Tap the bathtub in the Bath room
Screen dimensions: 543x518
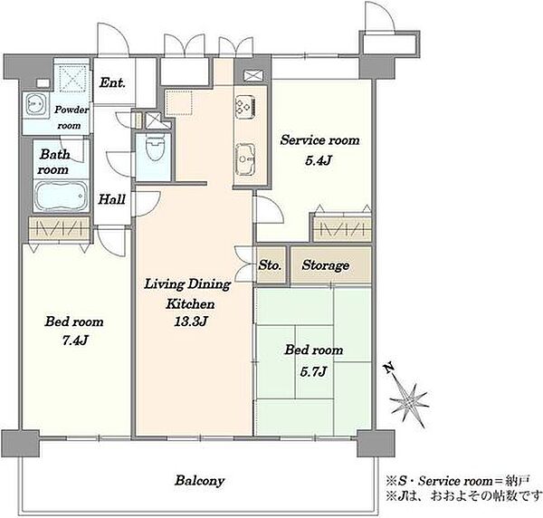pos(61,197)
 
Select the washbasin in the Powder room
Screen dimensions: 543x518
pos(35,104)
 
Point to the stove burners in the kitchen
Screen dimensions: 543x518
pos(245,106)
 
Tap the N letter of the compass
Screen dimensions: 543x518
pos(389,368)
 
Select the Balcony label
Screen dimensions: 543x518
pos(200,481)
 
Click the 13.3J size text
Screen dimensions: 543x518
pos(191,321)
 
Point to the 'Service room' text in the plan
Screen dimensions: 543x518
pos(320,140)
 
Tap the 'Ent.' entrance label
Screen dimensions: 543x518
pos(112,82)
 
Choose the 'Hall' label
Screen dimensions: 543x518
pos(111,199)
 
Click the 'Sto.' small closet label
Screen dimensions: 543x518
pos(270,265)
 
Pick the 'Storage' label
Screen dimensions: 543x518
pos(326,265)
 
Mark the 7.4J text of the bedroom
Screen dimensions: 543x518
pos(75,341)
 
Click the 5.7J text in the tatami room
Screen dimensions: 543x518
pos(313,372)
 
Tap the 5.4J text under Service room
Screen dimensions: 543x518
pos(319,160)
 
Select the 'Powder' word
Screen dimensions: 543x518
pos(71,110)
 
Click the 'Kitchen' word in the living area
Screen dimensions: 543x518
pos(190,304)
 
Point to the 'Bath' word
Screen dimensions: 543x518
pos(55,154)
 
